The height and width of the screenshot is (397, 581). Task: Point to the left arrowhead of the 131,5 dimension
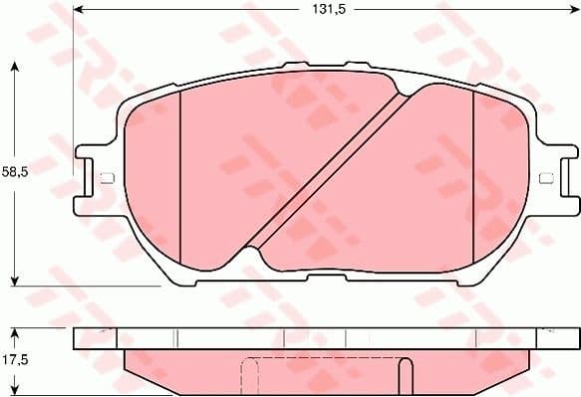79,10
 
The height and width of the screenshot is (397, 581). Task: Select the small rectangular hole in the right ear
545,179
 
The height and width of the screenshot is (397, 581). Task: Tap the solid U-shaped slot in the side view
405,377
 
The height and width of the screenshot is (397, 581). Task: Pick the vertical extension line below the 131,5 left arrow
74,80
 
